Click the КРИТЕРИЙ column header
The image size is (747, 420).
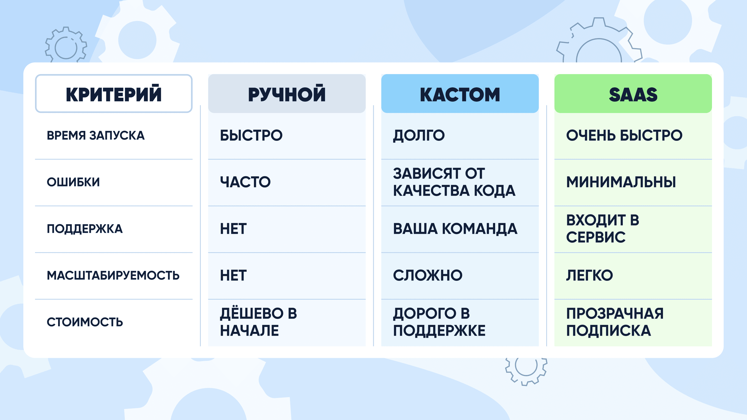[x=114, y=94]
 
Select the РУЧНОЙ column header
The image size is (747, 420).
[x=287, y=94]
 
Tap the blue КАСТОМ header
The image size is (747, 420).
[x=460, y=94]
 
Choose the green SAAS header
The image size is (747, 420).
[x=633, y=94]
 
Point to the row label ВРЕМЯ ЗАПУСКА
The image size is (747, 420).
[x=96, y=135]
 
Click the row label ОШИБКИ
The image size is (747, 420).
[x=73, y=182]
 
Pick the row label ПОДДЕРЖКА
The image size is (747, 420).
[x=85, y=229]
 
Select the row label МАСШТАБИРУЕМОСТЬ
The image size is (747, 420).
[x=113, y=275]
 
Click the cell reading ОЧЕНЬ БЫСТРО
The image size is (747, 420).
[x=624, y=135]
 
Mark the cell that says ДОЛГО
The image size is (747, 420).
[x=419, y=136]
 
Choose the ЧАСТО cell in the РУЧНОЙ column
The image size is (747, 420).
[x=245, y=182]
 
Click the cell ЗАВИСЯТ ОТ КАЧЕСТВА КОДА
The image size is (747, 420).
[x=454, y=182]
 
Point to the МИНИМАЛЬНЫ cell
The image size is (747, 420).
[x=621, y=182]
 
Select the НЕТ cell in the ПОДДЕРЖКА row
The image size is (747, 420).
[x=233, y=229]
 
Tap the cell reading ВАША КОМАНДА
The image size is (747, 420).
[x=455, y=229]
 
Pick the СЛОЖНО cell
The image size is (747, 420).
[x=428, y=275]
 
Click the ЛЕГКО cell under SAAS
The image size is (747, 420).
[x=590, y=275]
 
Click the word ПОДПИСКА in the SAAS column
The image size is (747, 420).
[x=609, y=331]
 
